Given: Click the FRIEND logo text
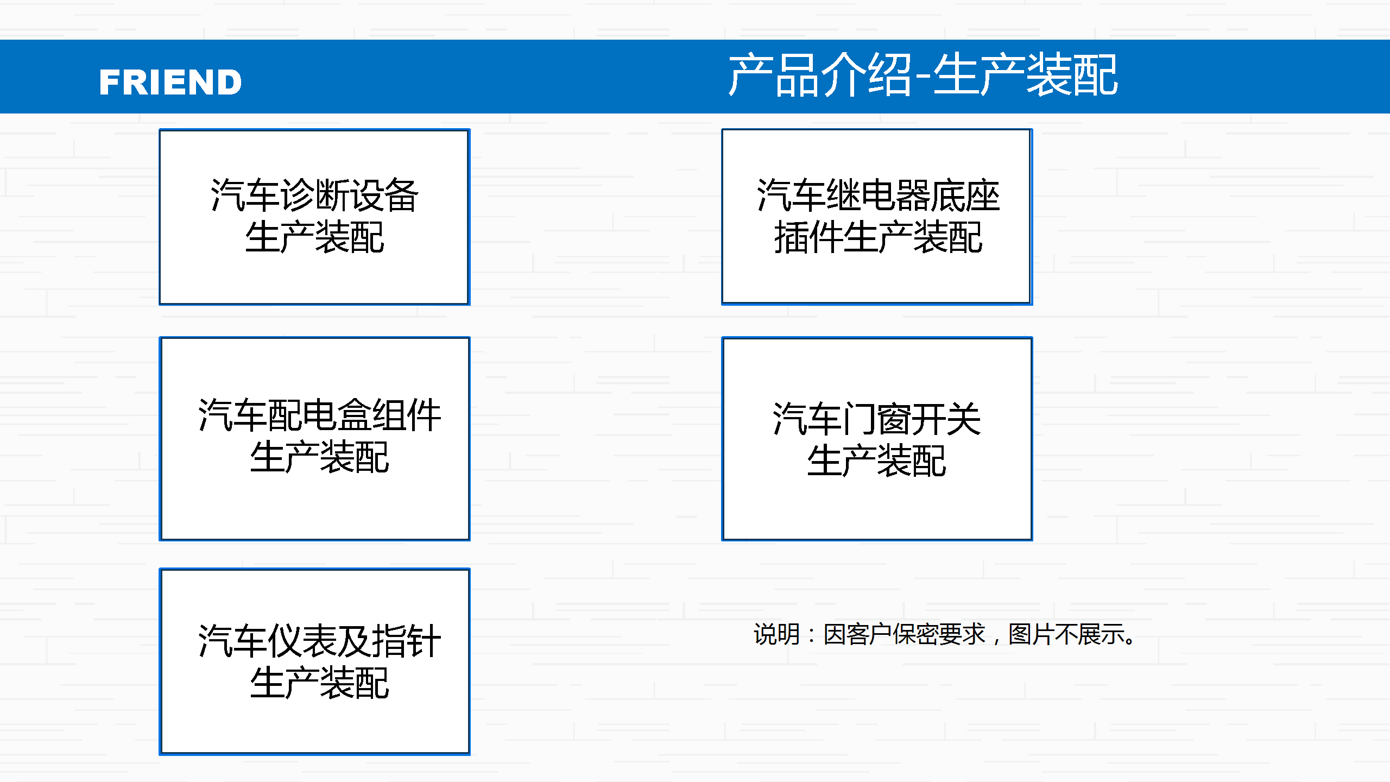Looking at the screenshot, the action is (170, 82).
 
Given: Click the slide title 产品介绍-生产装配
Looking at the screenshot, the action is (923, 75).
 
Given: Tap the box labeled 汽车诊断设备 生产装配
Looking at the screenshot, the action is (314, 217).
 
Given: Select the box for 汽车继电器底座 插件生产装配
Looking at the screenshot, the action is (877, 217).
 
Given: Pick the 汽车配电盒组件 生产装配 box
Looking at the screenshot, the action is (314, 439).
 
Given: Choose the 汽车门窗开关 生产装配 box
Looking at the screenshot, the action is (877, 439).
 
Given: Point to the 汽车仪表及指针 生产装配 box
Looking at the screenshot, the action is (314, 661).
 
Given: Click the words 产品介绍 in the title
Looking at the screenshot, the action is (820, 75).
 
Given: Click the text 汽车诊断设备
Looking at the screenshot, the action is (314, 195).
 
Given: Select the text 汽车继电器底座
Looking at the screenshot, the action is (878, 195).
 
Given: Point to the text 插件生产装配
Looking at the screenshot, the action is (878, 237).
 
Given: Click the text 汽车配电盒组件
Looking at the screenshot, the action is (319, 415).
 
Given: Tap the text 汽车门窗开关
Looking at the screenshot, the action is (876, 419).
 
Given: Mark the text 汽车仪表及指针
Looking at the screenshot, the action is (319, 641).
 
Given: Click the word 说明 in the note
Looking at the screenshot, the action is (776, 634).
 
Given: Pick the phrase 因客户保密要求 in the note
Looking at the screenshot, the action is (904, 634).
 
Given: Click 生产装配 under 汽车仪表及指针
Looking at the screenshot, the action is (319, 683).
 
